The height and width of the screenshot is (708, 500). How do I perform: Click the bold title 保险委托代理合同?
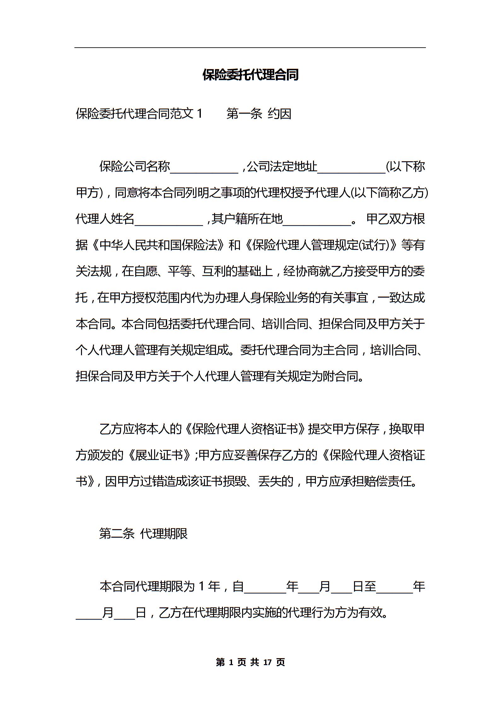pos(250,75)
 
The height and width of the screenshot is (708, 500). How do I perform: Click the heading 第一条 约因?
pos(259,114)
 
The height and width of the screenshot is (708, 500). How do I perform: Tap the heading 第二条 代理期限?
pos(143,534)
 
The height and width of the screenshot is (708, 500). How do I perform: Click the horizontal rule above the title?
pos(250,48)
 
